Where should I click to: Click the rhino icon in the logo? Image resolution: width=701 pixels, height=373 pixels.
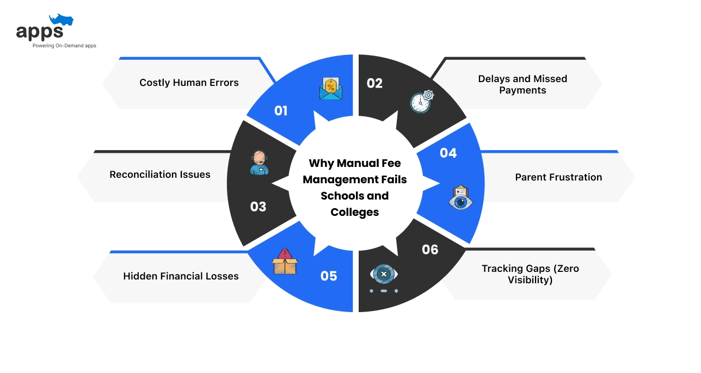61,21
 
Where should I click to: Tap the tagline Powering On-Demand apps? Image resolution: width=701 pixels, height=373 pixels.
64,46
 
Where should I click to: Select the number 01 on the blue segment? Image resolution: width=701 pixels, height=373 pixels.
281,111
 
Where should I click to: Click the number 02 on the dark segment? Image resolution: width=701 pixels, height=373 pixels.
374,83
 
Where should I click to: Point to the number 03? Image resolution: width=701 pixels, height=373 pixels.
258,207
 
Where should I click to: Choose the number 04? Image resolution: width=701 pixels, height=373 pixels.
448,153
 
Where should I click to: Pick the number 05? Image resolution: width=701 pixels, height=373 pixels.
329,276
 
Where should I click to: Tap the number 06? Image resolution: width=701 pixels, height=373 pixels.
430,249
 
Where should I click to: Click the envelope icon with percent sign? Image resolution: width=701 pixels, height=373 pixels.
331,89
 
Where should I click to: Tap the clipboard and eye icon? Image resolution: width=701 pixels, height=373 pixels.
460,198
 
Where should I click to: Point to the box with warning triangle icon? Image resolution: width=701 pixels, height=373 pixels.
285,262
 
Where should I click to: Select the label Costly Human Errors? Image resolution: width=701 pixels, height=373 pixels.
189,83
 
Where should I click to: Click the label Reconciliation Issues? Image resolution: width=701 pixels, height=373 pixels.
160,175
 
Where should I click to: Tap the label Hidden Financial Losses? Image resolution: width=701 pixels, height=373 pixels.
181,276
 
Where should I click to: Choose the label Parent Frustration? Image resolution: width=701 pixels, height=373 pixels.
558,177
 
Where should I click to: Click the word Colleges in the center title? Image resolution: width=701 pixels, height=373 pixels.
354,212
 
